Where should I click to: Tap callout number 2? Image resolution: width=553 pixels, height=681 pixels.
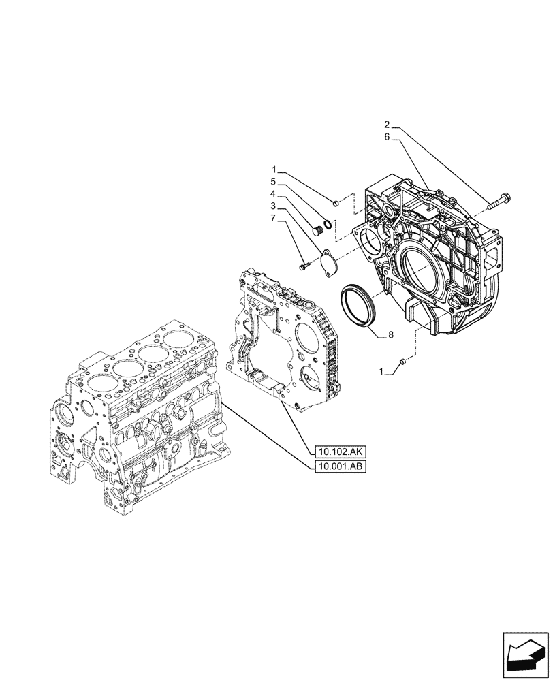tap(387, 125)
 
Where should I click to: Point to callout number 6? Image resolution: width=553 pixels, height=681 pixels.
tap(387, 137)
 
